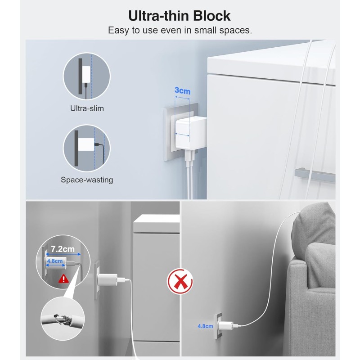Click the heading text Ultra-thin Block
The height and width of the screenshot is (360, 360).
pyautogui.click(x=179, y=16)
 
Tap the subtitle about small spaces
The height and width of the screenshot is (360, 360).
pyautogui.click(x=180, y=30)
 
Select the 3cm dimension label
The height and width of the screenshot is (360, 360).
pyautogui.click(x=183, y=91)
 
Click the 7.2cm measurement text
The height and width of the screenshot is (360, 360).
pyautogui.click(x=63, y=249)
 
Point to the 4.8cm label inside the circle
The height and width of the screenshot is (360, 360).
pyautogui.click(x=55, y=261)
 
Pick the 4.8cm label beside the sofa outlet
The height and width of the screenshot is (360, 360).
pyautogui.click(x=205, y=326)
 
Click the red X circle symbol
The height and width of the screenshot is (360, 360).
pyautogui.click(x=180, y=281)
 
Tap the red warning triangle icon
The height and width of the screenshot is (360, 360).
pyautogui.click(x=63, y=279)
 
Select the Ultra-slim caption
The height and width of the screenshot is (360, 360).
pyautogui.click(x=87, y=108)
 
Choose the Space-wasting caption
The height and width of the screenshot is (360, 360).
pyautogui.click(x=87, y=180)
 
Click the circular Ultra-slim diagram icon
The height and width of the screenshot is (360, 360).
pyautogui.click(x=86, y=76)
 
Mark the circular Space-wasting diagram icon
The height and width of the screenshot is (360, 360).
pyautogui.click(x=86, y=148)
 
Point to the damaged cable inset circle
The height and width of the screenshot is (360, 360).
pyautogui.click(x=63, y=319)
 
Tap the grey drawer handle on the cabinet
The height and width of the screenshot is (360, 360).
pyautogui.click(x=315, y=175)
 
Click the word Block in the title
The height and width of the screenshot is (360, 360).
pyautogui.click(x=211, y=16)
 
